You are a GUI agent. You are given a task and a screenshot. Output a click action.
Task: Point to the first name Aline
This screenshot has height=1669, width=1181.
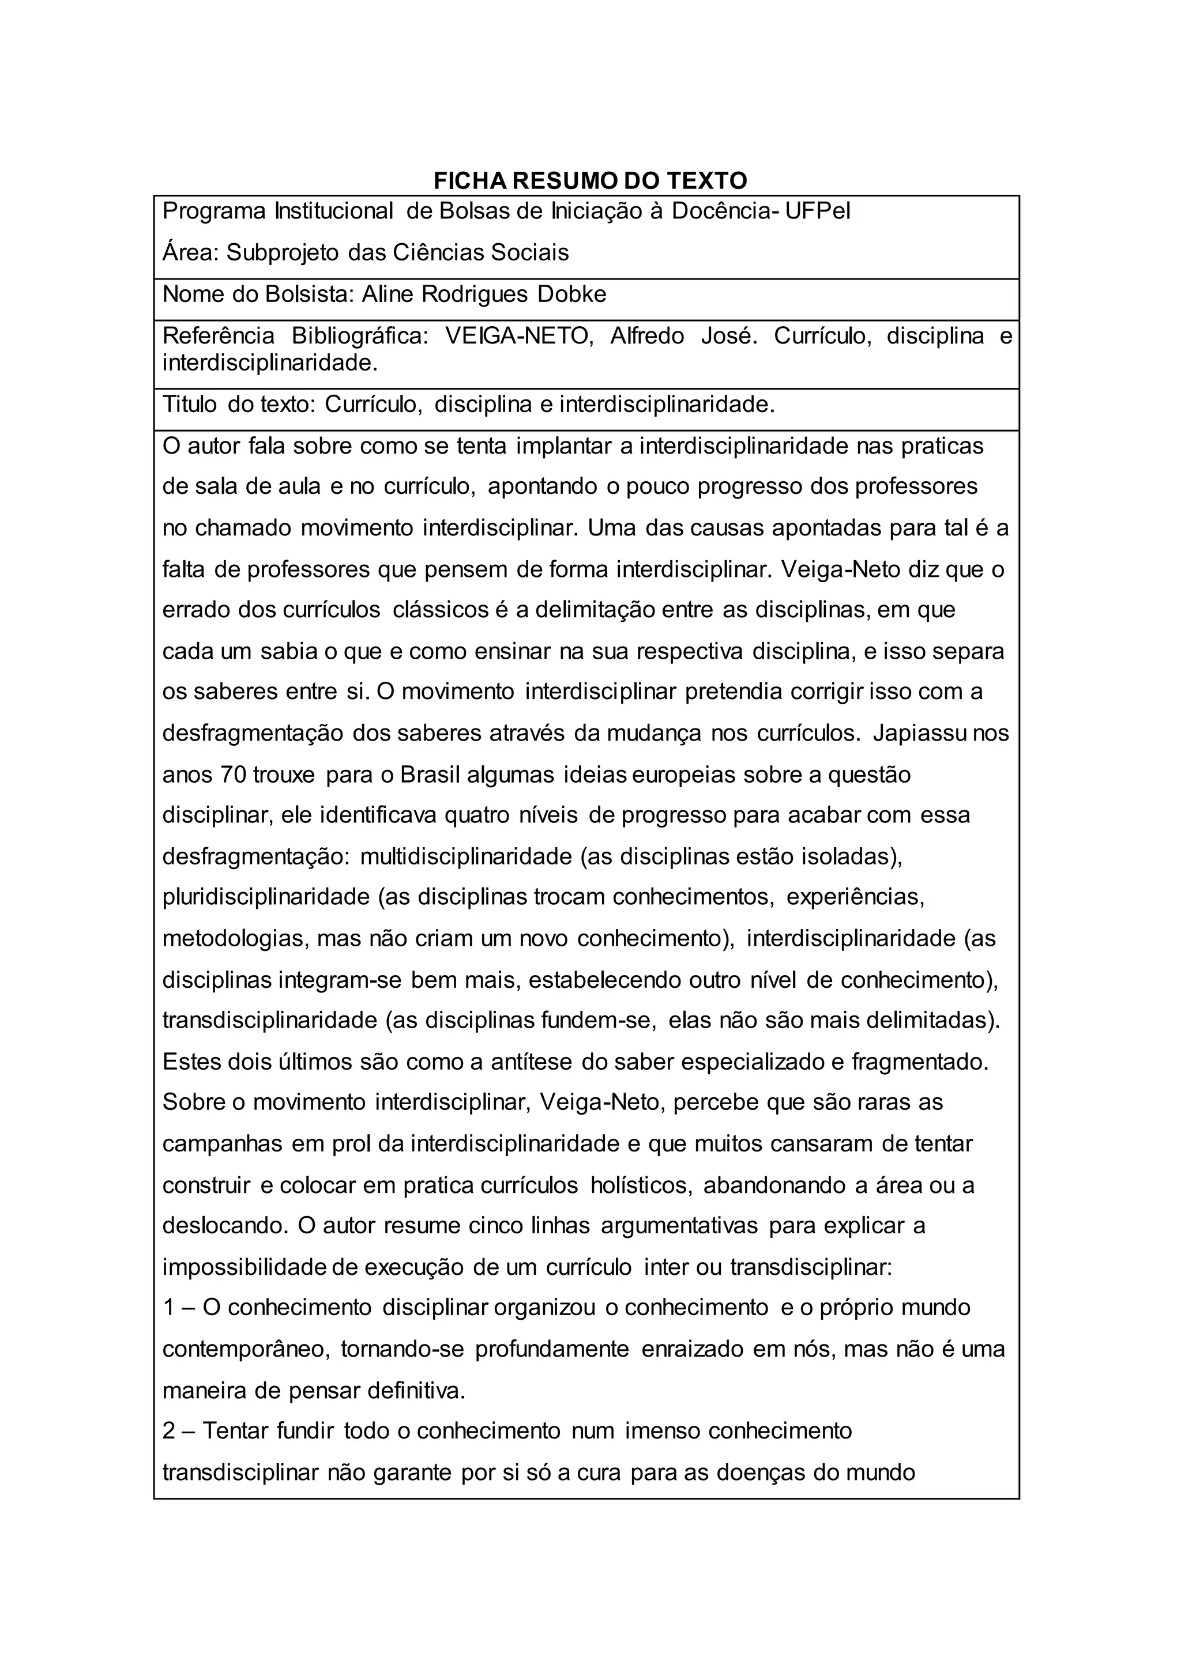(388, 294)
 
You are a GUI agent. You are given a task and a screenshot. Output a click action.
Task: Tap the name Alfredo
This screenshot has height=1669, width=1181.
(646, 336)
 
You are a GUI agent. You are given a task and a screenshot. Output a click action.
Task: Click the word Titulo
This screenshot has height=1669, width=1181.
(190, 404)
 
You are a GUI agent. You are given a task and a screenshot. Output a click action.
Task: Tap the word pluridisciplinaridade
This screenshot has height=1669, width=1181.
(266, 897)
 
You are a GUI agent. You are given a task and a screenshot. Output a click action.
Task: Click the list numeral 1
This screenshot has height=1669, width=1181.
(169, 1308)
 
